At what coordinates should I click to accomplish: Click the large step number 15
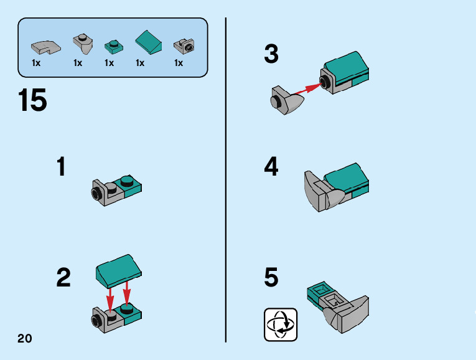point(33,101)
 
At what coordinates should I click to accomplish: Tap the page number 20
point(24,338)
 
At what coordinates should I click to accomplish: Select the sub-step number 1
point(61,167)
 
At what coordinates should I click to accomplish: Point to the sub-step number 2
point(63,278)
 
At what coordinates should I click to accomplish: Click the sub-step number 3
point(271,55)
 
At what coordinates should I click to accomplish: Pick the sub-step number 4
point(271,167)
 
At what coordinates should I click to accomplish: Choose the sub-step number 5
point(271,278)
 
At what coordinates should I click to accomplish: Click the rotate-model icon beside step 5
point(281,324)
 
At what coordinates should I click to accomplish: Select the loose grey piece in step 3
point(287,101)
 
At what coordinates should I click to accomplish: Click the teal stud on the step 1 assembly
point(127,181)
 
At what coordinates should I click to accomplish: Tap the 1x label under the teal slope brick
point(140,63)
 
